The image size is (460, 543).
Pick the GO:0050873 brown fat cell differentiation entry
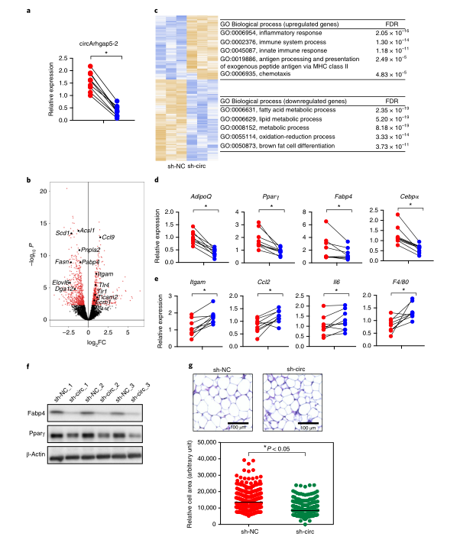click(282, 144)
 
